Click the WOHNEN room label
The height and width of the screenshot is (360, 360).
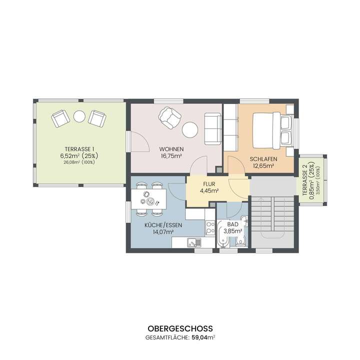coord(171,149)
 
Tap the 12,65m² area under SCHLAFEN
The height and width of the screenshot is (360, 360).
coord(263,165)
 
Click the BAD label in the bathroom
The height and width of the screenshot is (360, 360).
coord(232,224)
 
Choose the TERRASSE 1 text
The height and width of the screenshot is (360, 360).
coord(79,149)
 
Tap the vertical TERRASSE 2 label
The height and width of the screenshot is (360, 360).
coord(304,180)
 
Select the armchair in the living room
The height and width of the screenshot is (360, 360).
coord(169,118)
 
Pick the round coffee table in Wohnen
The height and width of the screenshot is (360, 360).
coord(190,130)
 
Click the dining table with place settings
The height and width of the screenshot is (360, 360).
coord(149,198)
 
